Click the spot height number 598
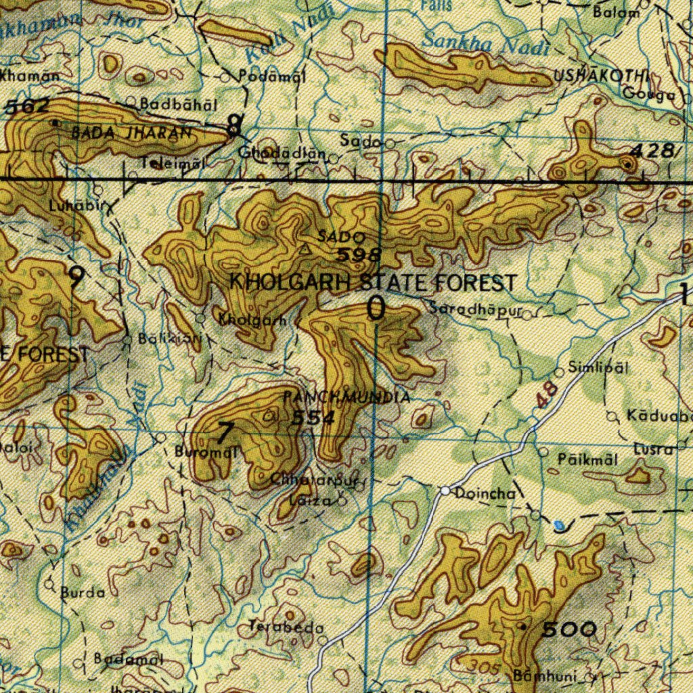point(359,255)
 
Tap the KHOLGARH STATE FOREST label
point(374,282)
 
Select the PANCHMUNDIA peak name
point(346,397)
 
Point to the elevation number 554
point(313,418)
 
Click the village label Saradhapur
point(476,309)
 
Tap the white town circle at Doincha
point(445,490)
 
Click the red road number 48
point(547,395)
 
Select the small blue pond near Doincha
point(558,524)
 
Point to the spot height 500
point(569,629)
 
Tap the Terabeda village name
point(285,627)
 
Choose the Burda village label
point(83,593)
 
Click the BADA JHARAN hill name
point(131,133)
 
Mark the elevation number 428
point(654,150)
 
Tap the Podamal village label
point(272,76)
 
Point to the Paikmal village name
point(587,460)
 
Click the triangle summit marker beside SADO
point(306,250)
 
